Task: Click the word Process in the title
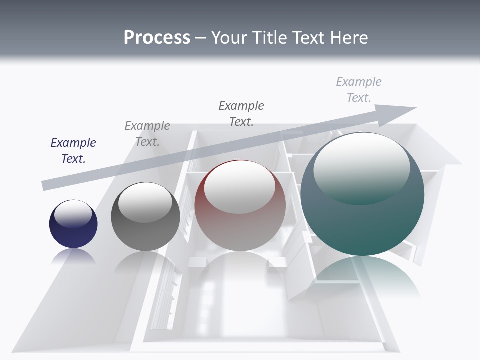coord(157,38)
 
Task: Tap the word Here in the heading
coord(349,38)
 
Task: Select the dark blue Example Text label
coord(73,150)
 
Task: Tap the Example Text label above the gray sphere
coord(147,133)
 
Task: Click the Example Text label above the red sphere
coord(241,113)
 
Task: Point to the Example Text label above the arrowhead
coord(359,89)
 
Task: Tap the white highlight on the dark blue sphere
coord(73,214)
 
